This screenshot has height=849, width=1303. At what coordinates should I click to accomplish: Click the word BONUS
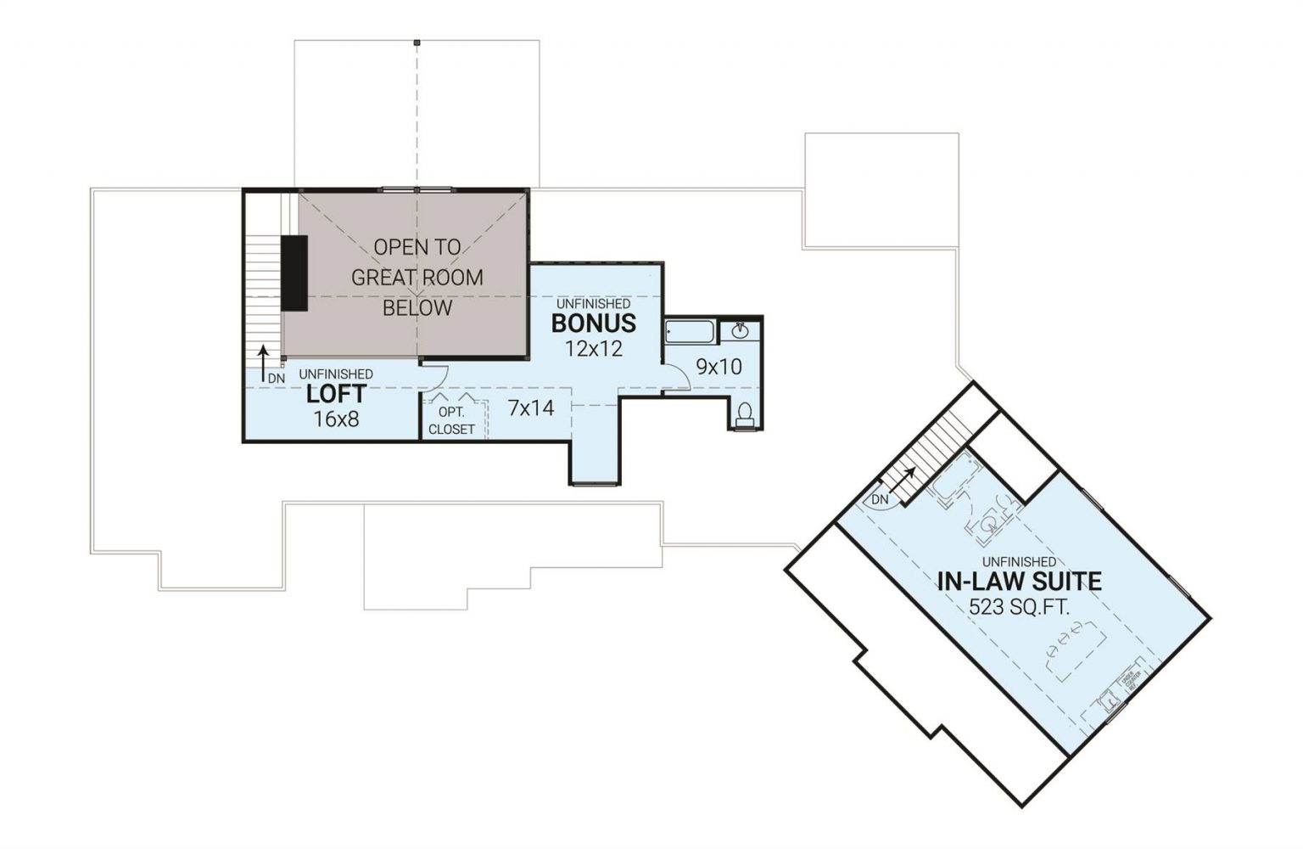pos(593,323)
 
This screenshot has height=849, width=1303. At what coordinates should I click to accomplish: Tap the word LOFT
pos(336,394)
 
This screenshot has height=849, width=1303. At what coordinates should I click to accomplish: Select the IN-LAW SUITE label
pos(1019,582)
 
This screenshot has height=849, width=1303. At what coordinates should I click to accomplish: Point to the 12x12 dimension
pos(593,348)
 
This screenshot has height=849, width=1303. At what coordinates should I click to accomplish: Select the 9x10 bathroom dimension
pos(719,367)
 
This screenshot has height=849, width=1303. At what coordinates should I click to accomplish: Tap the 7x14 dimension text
pos(530,408)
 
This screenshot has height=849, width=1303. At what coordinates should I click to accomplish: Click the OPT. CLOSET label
pos(451,421)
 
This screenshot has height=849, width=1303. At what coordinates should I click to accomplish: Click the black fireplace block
pos(294,273)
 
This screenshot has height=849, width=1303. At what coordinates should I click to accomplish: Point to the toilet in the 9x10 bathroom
pos(745,414)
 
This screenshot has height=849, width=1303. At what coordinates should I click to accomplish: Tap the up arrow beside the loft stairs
pos(264,357)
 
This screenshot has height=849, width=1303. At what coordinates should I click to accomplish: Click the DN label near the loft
pos(277,378)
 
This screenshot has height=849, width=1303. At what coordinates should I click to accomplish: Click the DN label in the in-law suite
pos(880,500)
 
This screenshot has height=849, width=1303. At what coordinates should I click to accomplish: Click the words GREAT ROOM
pos(417,278)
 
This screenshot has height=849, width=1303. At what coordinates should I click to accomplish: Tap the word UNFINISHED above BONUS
pos(593,303)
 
